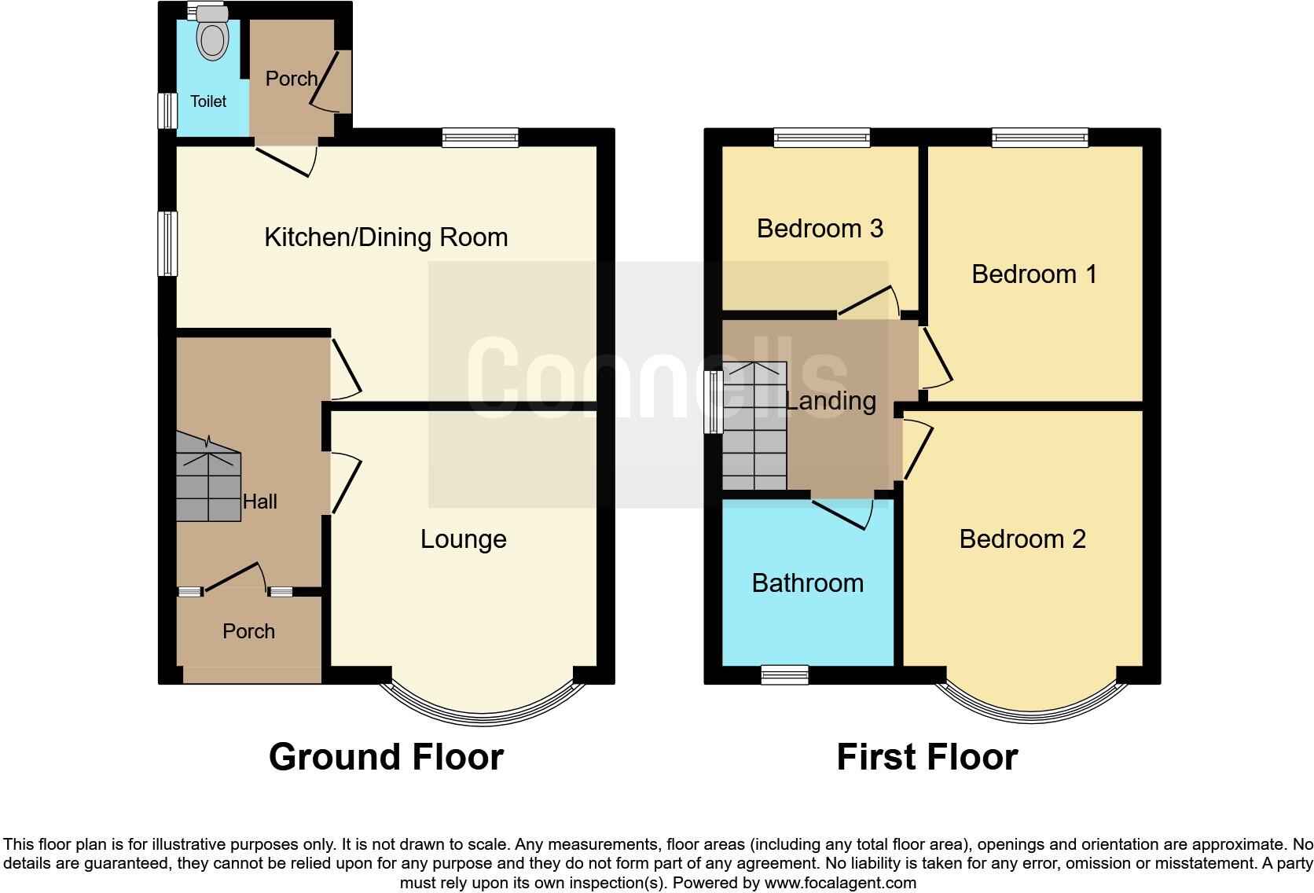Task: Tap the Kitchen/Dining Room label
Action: point(386,237)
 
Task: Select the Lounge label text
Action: point(463,539)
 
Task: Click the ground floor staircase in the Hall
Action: point(207,481)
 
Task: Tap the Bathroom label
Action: point(807,583)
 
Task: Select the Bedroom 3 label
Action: point(820,229)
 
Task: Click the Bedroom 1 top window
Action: point(1040,138)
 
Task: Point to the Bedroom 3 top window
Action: point(821,138)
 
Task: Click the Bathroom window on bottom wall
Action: point(784,674)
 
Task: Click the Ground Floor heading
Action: point(386,757)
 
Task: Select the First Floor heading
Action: point(927,757)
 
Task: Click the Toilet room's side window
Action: point(167,111)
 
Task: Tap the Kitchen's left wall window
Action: point(167,244)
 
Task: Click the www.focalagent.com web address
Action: point(839,883)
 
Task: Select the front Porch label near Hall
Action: point(248,631)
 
